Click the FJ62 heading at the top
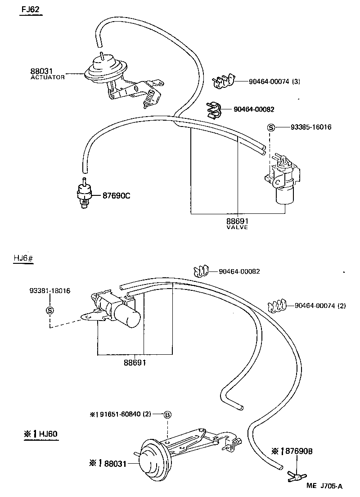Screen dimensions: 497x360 point(31,9)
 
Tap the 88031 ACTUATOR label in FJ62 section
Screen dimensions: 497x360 point(47,74)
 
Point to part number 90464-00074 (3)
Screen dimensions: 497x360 point(274,81)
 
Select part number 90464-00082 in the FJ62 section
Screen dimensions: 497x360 point(254,109)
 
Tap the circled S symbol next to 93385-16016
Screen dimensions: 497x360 point(271,127)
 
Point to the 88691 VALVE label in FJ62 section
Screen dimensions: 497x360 point(237,223)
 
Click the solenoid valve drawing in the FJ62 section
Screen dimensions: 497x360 point(283,180)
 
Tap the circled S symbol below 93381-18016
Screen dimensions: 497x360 point(49,310)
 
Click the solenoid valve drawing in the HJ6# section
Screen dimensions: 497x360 point(116,308)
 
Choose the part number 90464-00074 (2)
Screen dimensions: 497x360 point(320,306)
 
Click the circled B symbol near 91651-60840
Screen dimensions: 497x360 point(167,415)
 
